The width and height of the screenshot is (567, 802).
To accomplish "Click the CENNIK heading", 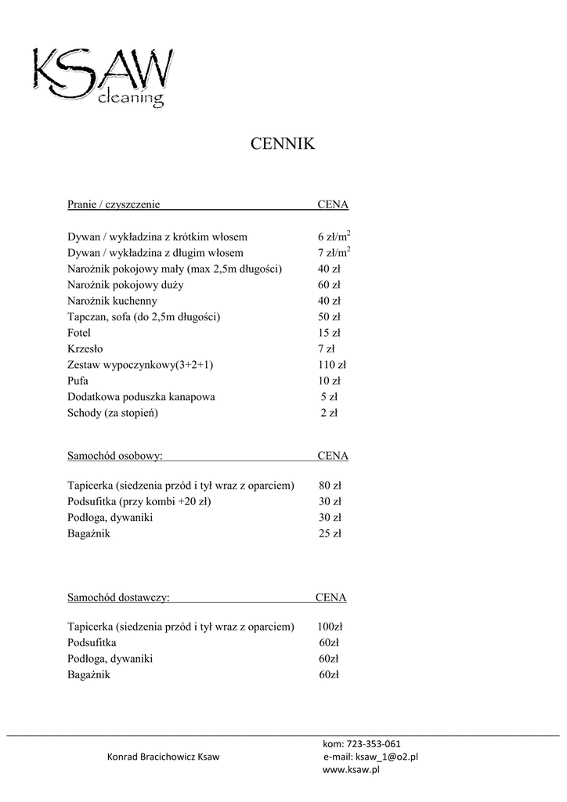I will [x=282, y=144].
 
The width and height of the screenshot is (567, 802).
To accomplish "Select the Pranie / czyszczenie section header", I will [x=114, y=204].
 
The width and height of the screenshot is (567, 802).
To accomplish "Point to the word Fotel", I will [x=79, y=333].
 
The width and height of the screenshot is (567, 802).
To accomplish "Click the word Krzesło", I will [x=85, y=349].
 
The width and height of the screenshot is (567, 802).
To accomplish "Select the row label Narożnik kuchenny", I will [x=113, y=301].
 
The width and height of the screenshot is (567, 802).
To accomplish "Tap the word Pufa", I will [x=78, y=381].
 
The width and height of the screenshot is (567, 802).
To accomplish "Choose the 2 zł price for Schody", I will [x=329, y=413].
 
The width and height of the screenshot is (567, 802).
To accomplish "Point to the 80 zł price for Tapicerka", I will [x=330, y=486].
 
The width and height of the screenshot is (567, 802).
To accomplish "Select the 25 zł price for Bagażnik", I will [x=330, y=533].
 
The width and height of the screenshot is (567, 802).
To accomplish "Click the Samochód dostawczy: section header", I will [x=118, y=598].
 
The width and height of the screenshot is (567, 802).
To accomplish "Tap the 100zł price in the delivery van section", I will [x=330, y=627].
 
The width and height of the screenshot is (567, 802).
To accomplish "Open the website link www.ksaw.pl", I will [x=351, y=770].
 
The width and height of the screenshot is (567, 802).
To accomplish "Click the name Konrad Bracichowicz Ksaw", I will [x=163, y=757].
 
